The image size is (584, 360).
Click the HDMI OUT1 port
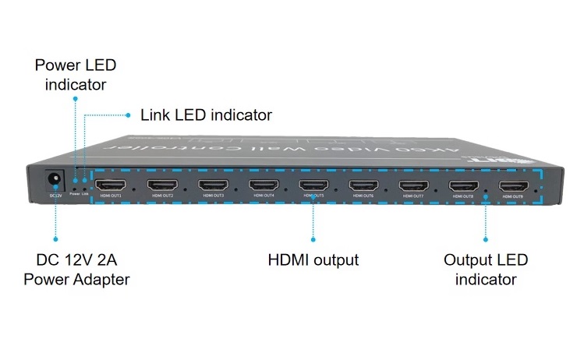(108, 185)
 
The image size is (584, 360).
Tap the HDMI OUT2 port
(163, 185)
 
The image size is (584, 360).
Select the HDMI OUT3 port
(213, 185)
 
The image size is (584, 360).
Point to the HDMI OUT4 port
(264, 185)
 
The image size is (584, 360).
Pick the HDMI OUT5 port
(313, 185)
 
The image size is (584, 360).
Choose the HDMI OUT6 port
(363, 185)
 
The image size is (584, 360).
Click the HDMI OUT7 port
(413, 185)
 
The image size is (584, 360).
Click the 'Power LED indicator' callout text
(75, 74)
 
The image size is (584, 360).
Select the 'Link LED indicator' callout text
(206, 115)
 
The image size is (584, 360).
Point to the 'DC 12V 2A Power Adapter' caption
(76, 269)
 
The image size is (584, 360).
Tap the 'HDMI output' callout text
(313, 260)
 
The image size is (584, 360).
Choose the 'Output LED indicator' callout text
(486, 269)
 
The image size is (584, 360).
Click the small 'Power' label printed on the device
(74, 193)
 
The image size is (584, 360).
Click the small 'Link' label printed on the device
(85, 193)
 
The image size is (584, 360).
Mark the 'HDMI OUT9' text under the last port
(513, 197)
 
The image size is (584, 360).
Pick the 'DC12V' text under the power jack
(55, 196)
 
